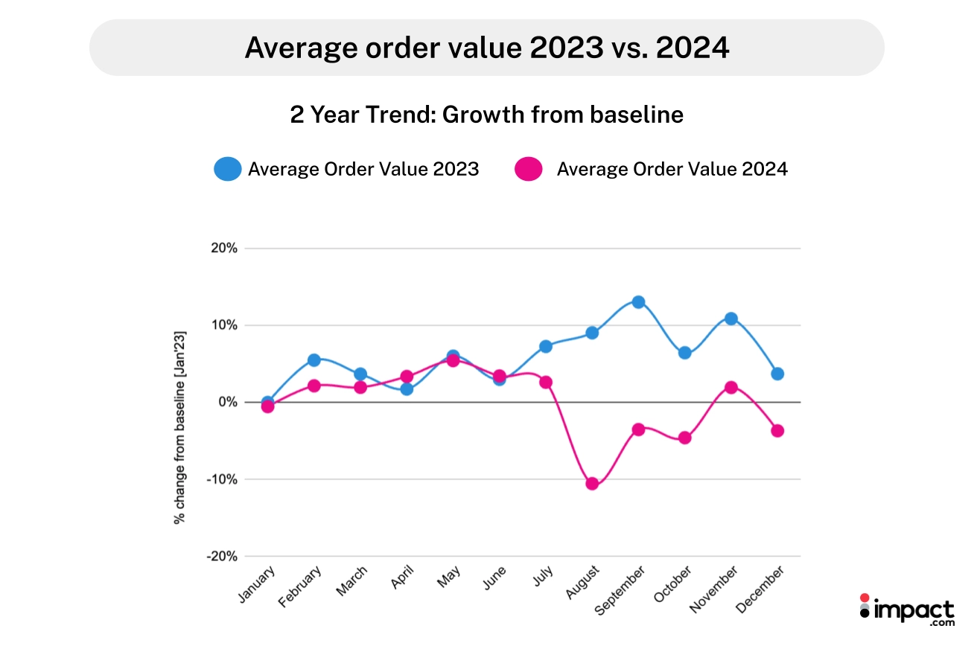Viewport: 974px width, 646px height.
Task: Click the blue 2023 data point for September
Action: [638, 302]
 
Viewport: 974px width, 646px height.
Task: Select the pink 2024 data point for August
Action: [592, 484]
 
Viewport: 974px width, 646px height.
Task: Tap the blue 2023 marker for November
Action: [730, 319]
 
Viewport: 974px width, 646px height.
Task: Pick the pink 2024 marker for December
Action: [777, 431]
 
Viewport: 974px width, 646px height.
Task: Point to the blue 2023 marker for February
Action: [313, 360]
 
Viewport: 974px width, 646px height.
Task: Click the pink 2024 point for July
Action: [546, 383]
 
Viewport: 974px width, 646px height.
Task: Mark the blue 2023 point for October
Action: [684, 353]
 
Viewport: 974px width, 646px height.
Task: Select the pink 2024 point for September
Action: [638, 429]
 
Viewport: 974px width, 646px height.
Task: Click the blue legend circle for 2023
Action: [227, 170]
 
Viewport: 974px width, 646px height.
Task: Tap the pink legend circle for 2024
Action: [528, 170]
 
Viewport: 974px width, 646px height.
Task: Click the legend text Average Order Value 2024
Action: [672, 170]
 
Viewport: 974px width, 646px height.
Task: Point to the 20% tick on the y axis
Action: [223, 249]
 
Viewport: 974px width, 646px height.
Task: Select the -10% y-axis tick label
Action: [221, 479]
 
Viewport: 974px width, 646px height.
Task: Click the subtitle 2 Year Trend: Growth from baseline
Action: [486, 115]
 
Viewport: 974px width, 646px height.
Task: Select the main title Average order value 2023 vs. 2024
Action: [486, 48]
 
